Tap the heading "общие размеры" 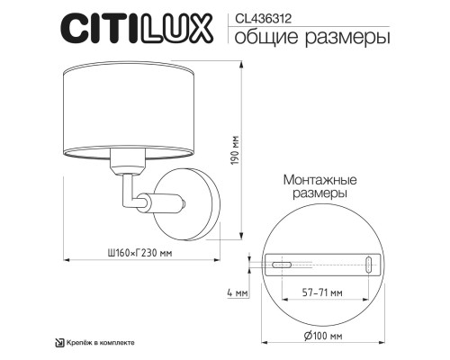click(x=300, y=38)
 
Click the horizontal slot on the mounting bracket click(x=283, y=264)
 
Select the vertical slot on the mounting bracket click(x=370, y=264)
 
